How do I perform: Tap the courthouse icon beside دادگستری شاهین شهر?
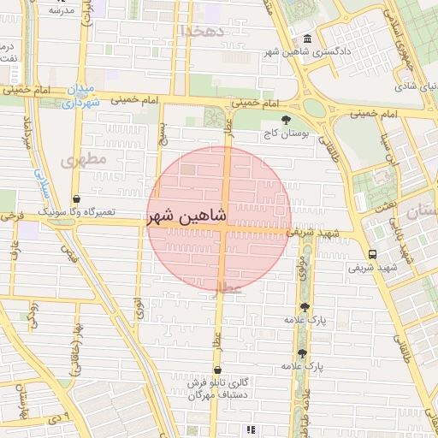tap(306, 38)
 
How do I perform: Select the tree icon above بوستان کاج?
tap(286, 120)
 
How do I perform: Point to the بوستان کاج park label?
tap(285, 133)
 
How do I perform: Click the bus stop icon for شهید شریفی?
tap(371, 254)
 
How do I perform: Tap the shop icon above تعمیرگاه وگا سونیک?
tap(77, 198)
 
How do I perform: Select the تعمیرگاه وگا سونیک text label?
tap(79, 211)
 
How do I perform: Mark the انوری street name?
tap(139, 307)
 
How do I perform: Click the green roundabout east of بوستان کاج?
tap(315, 108)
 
